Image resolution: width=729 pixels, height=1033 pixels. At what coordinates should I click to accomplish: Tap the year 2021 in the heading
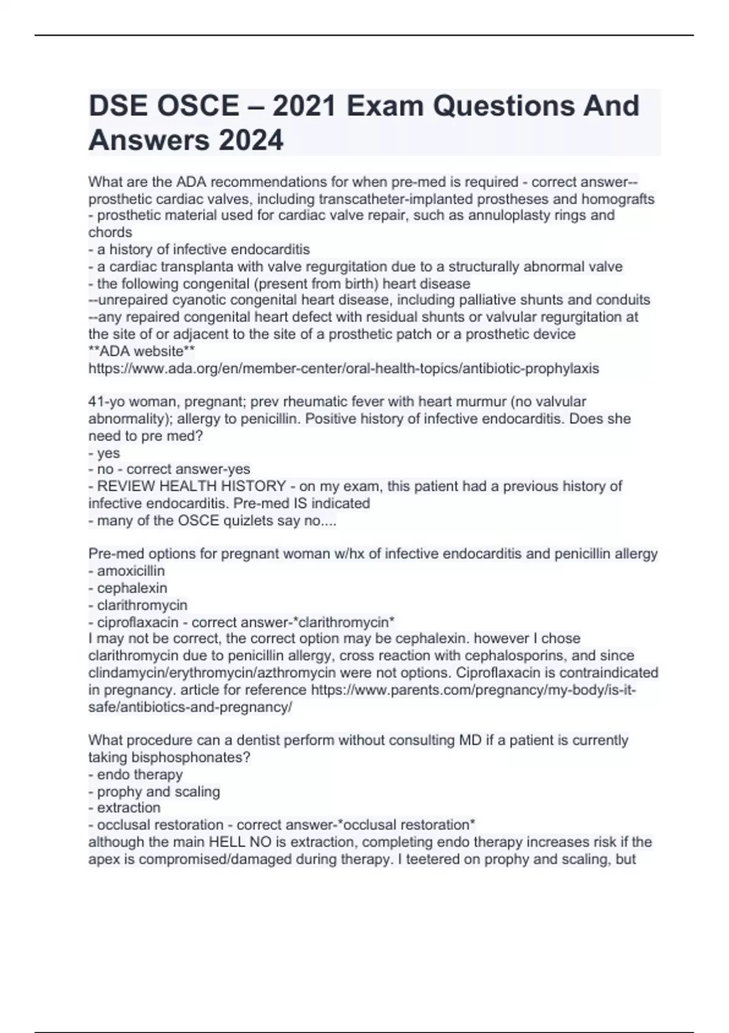click(x=304, y=106)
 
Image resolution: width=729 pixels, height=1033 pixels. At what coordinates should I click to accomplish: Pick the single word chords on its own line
click(x=110, y=232)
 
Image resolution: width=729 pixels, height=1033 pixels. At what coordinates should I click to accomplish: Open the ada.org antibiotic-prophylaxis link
click(x=343, y=368)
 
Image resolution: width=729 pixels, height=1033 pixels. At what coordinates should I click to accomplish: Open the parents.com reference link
click(x=473, y=690)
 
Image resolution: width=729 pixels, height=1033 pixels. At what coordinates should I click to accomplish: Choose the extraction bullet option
click(x=129, y=808)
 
